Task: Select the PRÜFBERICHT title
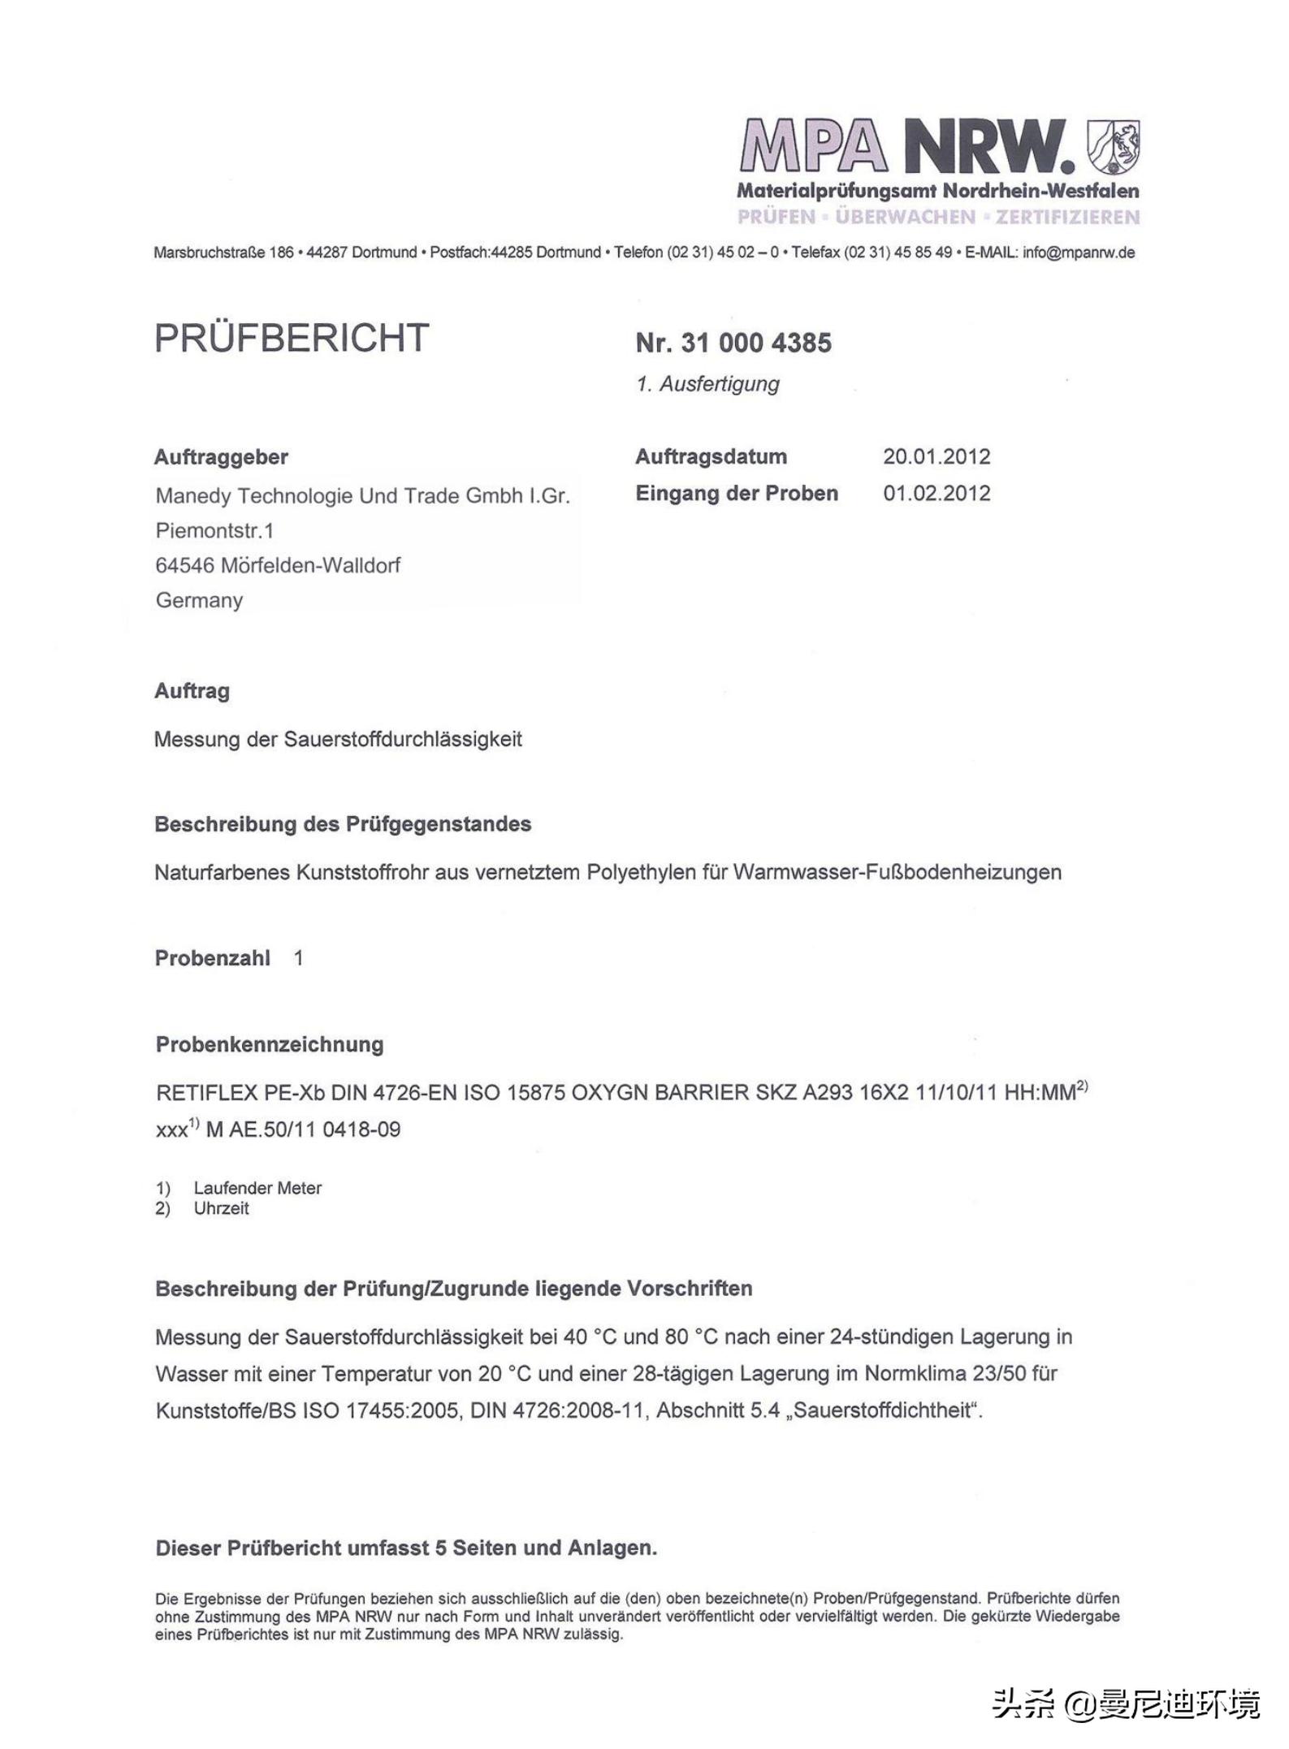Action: [292, 338]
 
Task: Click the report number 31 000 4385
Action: [756, 343]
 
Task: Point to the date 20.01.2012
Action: [936, 456]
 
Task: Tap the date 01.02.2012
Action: [936, 494]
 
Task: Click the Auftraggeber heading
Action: [221, 457]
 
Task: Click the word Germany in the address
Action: [199, 600]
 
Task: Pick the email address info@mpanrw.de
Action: [1078, 253]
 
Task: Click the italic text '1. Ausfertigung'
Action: [707, 384]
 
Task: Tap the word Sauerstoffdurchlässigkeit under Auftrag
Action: [402, 740]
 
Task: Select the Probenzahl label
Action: [212, 958]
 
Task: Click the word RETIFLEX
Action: [206, 1093]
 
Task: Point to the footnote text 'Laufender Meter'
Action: [257, 1188]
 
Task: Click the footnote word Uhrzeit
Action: [221, 1208]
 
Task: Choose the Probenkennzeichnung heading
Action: [269, 1044]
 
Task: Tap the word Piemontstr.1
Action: [214, 531]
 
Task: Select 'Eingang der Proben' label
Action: [736, 494]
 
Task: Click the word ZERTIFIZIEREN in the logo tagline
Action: [1067, 217]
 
